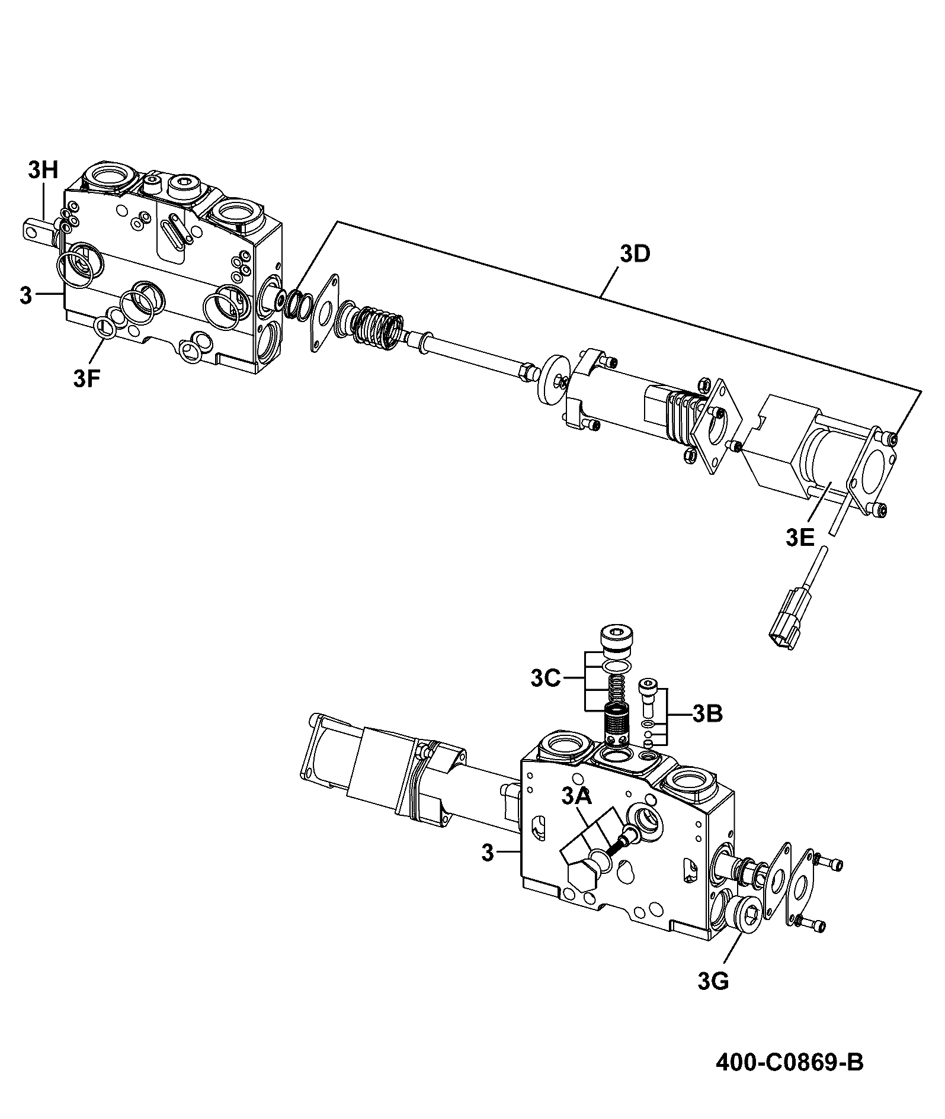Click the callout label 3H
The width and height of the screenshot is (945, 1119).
pyautogui.click(x=43, y=171)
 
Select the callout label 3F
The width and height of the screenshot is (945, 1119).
pyautogui.click(x=87, y=378)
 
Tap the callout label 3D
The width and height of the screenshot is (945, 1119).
pyautogui.click(x=635, y=254)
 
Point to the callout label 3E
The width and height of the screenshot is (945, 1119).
pyautogui.click(x=800, y=538)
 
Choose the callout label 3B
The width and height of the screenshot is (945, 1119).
pyautogui.click(x=707, y=714)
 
